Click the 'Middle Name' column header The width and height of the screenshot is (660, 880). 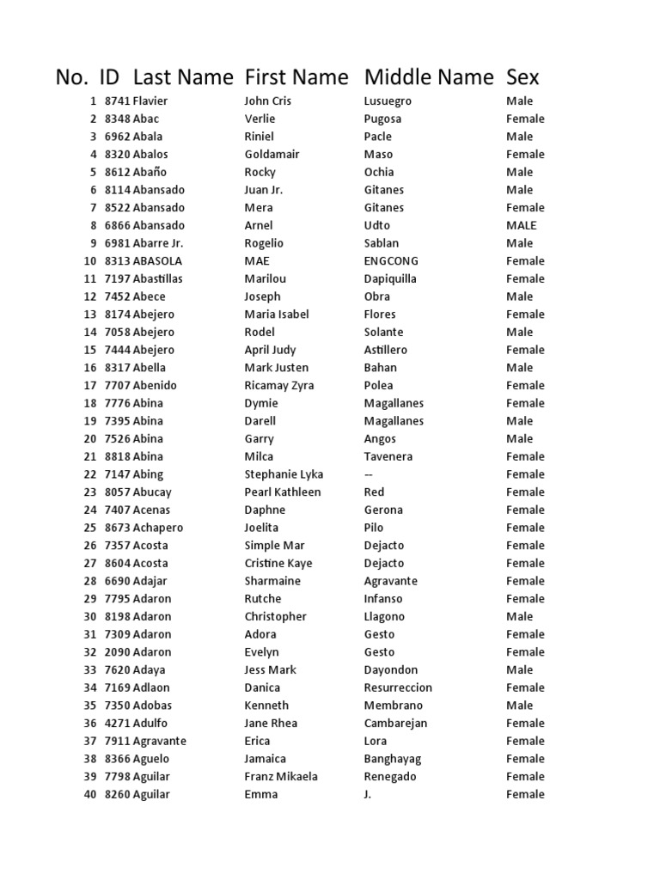pyautogui.click(x=429, y=77)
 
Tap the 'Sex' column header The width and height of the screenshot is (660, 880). pyautogui.click(x=522, y=77)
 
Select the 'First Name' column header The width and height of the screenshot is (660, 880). pyautogui.click(x=296, y=77)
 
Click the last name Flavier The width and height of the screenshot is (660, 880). pyautogui.click(x=150, y=101)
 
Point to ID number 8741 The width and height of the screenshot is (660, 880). pyautogui.click(x=118, y=101)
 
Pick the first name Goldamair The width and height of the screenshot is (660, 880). pyautogui.click(x=272, y=155)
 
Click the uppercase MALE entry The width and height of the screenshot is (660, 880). pyautogui.click(x=521, y=226)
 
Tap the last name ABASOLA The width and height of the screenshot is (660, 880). pyautogui.click(x=157, y=261)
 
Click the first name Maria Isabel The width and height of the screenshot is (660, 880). pyautogui.click(x=277, y=315)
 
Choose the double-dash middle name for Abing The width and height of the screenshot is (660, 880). pyautogui.click(x=370, y=474)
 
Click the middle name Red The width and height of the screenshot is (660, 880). pyautogui.click(x=374, y=492)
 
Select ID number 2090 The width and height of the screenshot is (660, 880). pyautogui.click(x=118, y=652)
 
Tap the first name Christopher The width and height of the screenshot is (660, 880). pyautogui.click(x=275, y=617)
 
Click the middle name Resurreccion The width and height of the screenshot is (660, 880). pyautogui.click(x=398, y=687)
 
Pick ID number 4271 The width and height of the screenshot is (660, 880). pyautogui.click(x=118, y=724)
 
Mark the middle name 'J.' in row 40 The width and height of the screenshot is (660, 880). pyautogui.click(x=368, y=795)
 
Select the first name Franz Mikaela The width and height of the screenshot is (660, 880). pyautogui.click(x=281, y=777)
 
